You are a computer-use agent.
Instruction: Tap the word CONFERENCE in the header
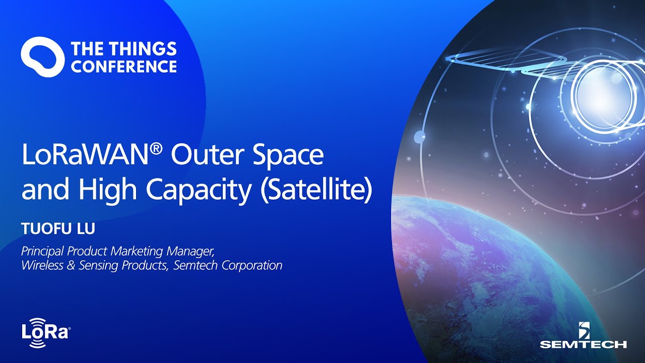pos(124,67)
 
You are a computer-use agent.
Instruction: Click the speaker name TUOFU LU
pos(58,228)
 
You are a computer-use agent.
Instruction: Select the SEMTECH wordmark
pos(583,344)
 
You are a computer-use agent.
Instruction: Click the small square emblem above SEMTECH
pos(583,330)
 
